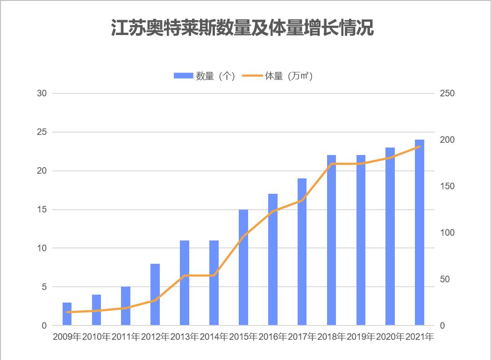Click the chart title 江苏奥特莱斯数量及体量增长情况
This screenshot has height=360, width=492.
coord(242,28)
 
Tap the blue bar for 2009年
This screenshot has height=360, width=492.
coord(67,314)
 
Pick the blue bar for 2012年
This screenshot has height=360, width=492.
coord(155,295)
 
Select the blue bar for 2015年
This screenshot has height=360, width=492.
coord(243,268)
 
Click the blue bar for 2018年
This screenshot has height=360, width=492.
coord(331,240)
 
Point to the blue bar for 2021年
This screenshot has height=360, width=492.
coord(420,233)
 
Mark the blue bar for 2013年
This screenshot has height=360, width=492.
coord(185,283)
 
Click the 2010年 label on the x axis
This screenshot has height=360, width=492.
coord(96,337)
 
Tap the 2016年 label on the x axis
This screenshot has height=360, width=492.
coord(273,337)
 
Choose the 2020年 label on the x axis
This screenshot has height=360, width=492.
coord(390,337)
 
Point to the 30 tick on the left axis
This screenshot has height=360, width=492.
coord(42,93)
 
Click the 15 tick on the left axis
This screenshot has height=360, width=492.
coord(42,210)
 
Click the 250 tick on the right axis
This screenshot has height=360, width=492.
coord(448,93)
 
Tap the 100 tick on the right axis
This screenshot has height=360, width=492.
coord(448,233)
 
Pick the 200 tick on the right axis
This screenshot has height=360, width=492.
coord(448,140)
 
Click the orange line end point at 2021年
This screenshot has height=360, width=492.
coord(420,147)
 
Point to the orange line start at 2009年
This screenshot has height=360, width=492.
coord(67,312)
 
